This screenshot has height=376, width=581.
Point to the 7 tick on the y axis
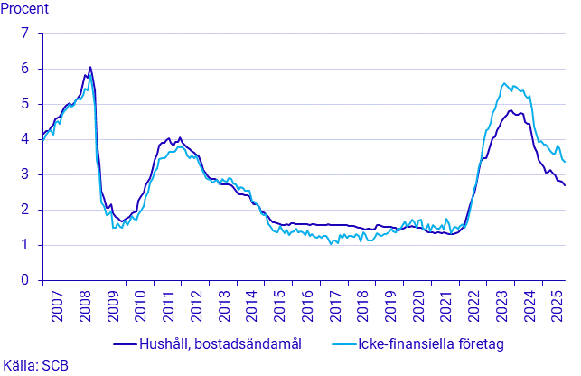click(x=26, y=33)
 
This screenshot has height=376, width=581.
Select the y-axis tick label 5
click(x=26, y=104)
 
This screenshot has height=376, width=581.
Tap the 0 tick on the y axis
click(x=26, y=280)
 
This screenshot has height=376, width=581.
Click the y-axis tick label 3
click(x=26, y=174)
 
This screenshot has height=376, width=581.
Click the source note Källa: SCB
click(x=36, y=365)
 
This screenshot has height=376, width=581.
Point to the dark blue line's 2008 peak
click(x=90, y=67)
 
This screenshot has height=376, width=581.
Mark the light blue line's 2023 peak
click(x=504, y=83)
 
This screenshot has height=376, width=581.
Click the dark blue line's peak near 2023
click(x=511, y=110)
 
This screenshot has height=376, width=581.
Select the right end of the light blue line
click(x=566, y=162)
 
